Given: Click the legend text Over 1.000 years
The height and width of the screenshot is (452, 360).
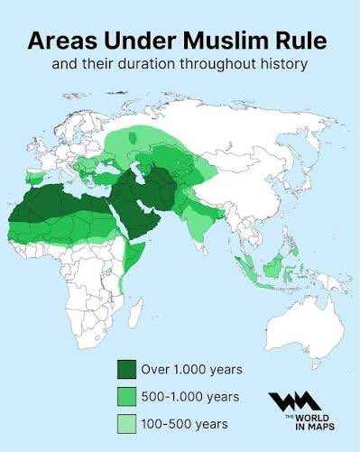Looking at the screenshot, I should (191, 370).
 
